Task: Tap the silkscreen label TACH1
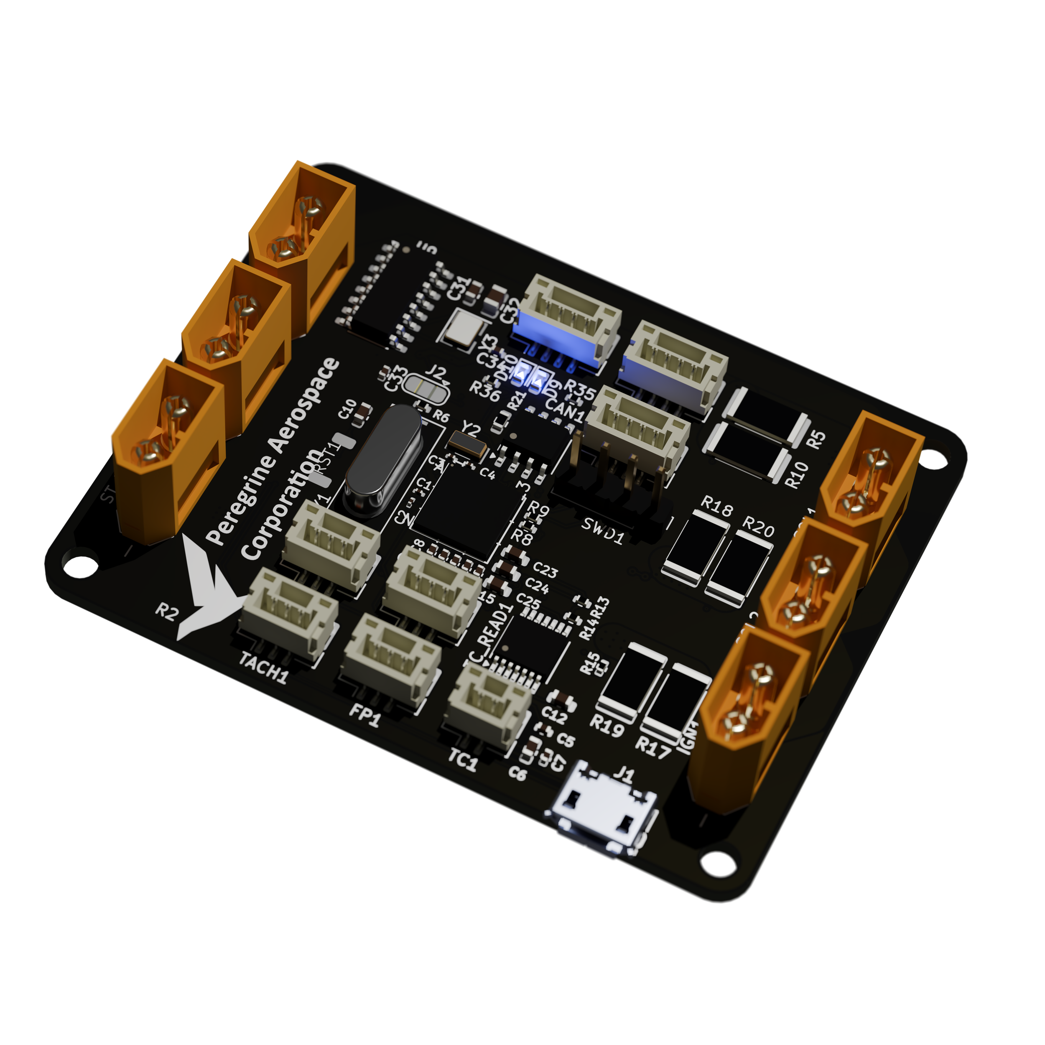point(263,668)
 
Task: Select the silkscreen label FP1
point(364,717)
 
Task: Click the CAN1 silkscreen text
point(565,410)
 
